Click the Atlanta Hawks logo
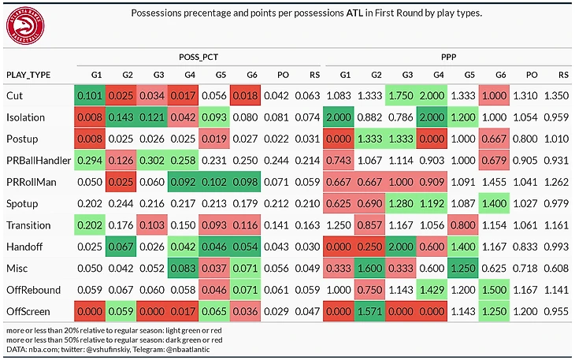[25, 26]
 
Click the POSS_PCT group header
[198, 58]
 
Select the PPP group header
[448, 58]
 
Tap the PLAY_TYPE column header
[28, 75]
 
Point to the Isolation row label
[25, 117]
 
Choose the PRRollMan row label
[32, 182]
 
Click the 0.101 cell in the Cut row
[90, 95]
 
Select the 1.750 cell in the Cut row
[401, 95]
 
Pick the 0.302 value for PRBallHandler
[152, 161]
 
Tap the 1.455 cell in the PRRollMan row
[494, 182]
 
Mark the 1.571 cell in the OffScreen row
[369, 312]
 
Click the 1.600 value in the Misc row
[369, 269]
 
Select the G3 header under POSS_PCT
[158, 75]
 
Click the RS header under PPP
[563, 75]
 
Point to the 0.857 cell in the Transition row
[369, 225]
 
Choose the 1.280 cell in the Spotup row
[401, 204]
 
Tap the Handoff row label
[24, 247]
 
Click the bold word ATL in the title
[354, 13]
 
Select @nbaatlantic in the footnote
[187, 350]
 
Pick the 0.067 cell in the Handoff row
[121, 247]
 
